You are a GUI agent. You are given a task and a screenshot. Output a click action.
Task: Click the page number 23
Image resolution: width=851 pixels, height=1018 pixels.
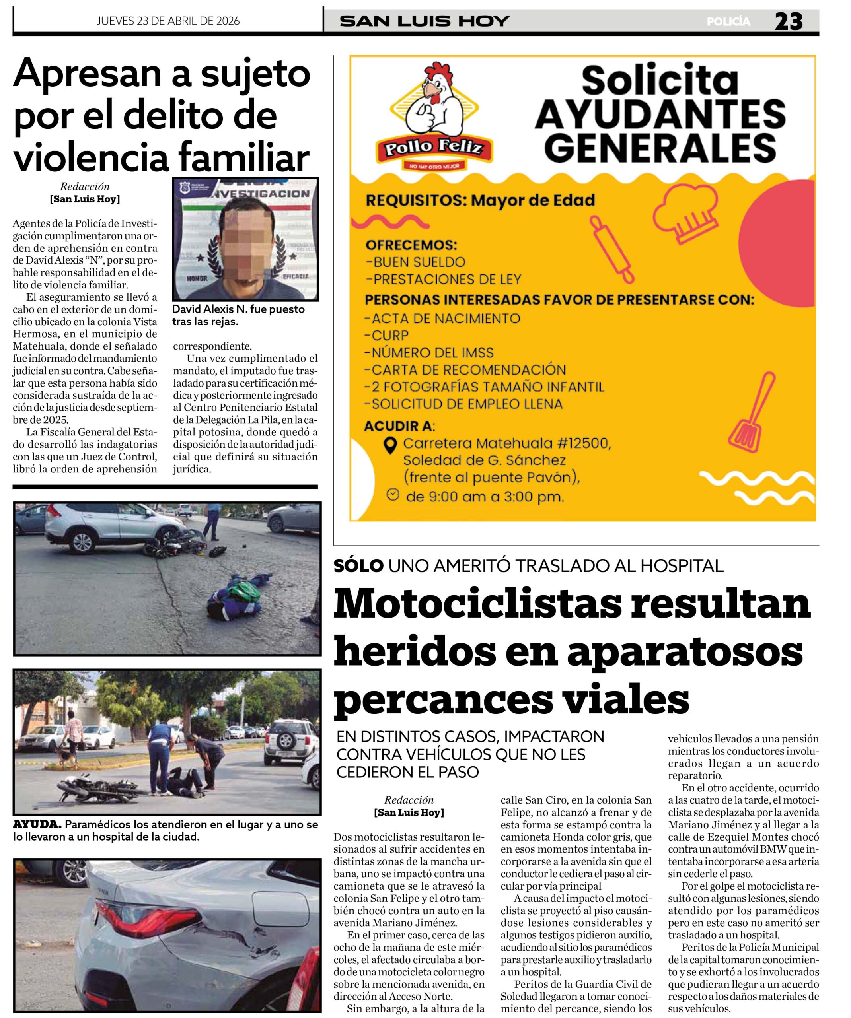coord(789,21)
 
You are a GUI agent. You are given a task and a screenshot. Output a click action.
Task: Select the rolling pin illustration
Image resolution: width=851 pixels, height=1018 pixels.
coord(612,249)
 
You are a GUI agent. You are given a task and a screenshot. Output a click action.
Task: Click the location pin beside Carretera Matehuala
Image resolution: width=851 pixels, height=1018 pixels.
coord(390,445)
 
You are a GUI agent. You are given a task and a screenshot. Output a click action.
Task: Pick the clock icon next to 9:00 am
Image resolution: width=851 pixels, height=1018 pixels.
coord(393,494)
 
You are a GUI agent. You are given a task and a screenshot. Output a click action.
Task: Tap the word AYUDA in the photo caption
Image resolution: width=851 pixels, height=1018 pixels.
coord(37,824)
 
